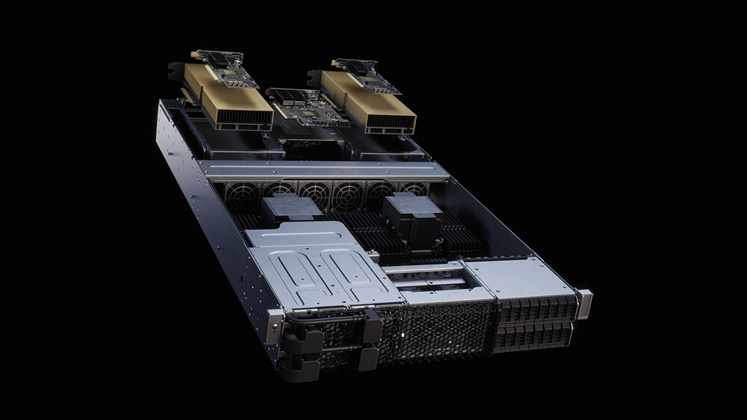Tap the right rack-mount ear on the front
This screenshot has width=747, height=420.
click(x=583, y=304)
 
